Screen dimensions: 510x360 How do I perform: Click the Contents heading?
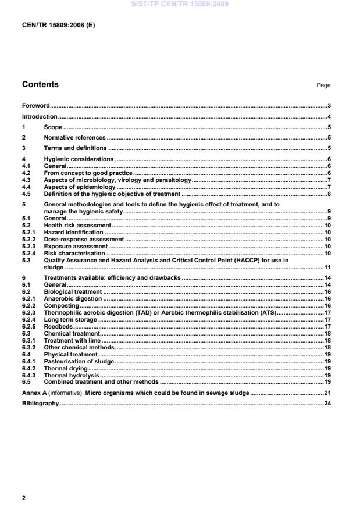(x=40, y=85)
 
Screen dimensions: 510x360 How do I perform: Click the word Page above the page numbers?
(x=323, y=85)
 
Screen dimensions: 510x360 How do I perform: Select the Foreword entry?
(x=35, y=106)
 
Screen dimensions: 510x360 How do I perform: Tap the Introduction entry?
(x=40, y=117)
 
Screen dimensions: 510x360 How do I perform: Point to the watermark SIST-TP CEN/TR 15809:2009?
(x=180, y=4)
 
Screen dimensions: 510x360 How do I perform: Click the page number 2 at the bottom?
(x=24, y=498)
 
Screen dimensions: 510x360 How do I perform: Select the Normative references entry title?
(x=74, y=138)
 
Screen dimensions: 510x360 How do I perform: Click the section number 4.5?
(x=27, y=194)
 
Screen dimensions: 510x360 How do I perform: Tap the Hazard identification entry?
(x=73, y=233)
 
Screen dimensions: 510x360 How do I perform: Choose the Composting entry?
(x=61, y=305)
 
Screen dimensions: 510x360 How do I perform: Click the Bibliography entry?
(x=40, y=404)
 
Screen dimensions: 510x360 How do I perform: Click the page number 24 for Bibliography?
(x=327, y=404)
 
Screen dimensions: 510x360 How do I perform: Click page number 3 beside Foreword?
(x=329, y=106)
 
